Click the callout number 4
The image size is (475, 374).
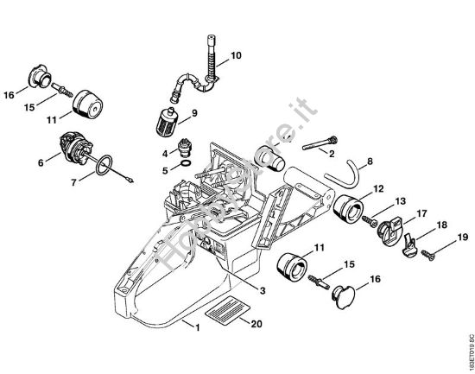click(x=164, y=152)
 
